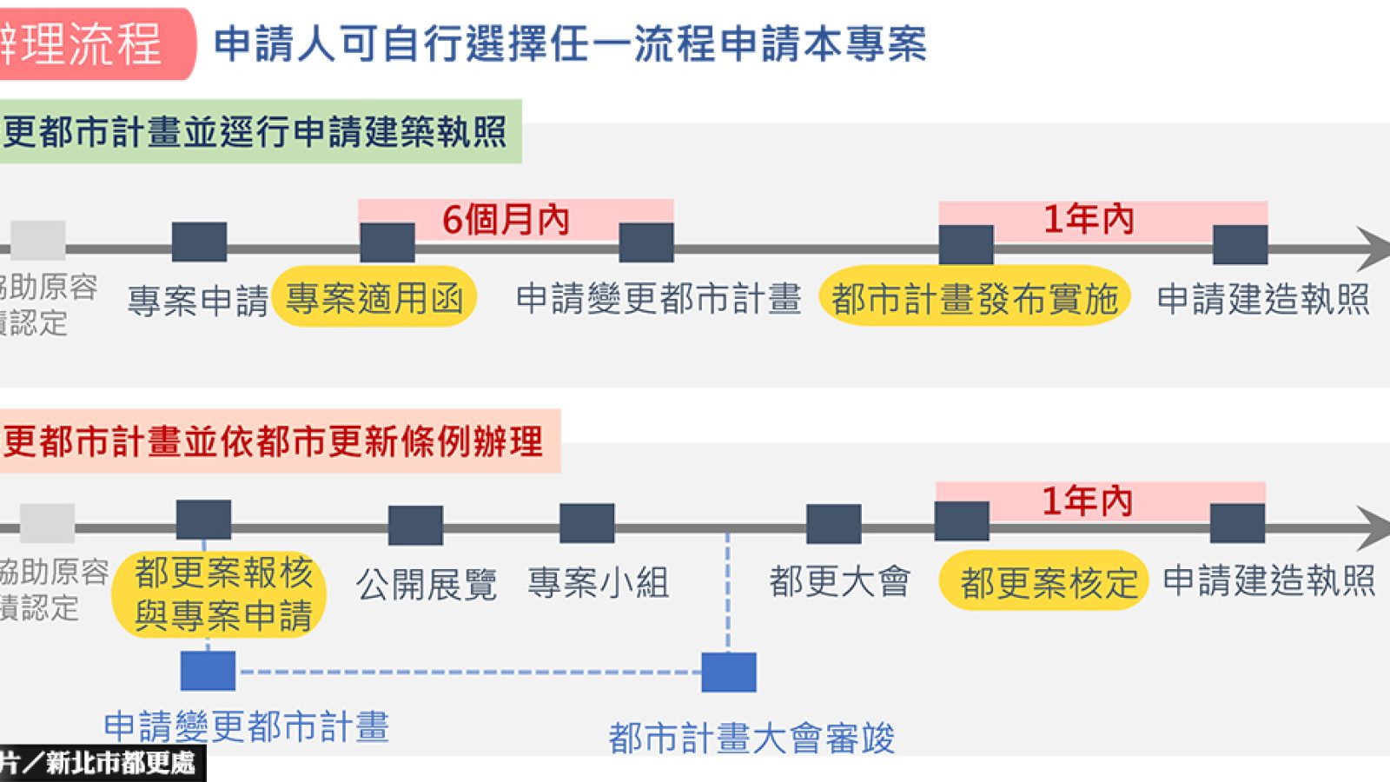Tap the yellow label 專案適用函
pos(374,298)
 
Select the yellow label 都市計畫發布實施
pos(974,298)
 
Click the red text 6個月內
pos(506,219)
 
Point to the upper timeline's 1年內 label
pos(1089,219)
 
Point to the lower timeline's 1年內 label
pos(1087,501)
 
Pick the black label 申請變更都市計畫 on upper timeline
pos(658,298)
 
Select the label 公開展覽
pos(426,584)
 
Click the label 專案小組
pos(598,582)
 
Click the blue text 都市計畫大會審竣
pos(751,739)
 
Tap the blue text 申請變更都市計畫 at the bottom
pos(247,726)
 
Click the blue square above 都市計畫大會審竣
pos(729,672)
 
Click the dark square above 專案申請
pos(199,242)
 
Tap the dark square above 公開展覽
pos(415,526)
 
